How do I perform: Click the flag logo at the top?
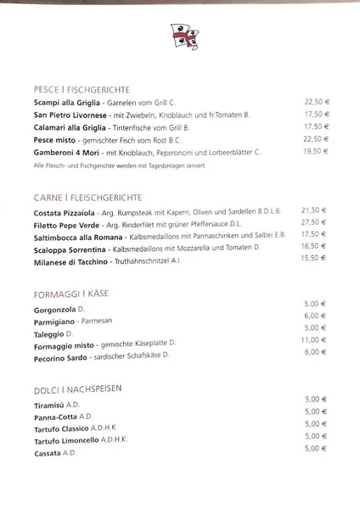click(x=178, y=38)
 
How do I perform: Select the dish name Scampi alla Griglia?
click(x=61, y=103)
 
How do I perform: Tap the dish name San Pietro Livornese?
click(x=65, y=115)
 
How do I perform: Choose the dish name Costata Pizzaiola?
click(x=62, y=210)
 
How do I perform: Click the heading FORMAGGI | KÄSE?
click(x=71, y=294)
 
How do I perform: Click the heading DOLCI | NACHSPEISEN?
click(x=76, y=388)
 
